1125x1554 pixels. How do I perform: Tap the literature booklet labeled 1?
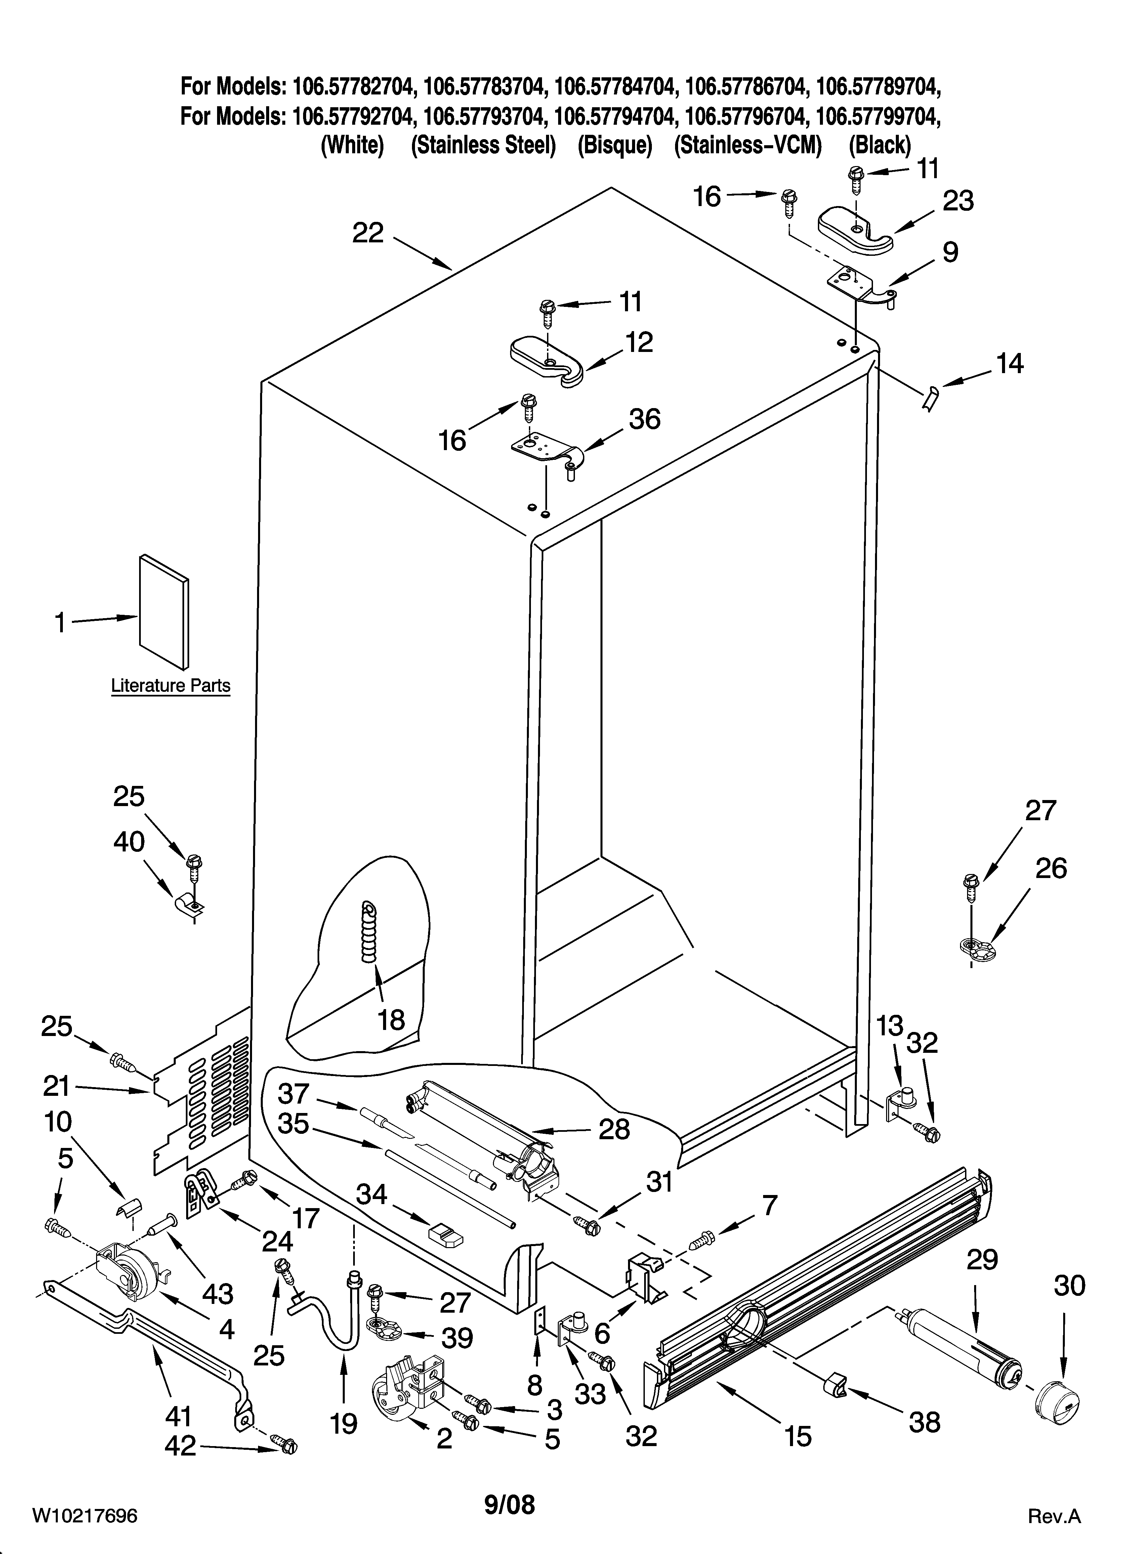click(164, 612)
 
